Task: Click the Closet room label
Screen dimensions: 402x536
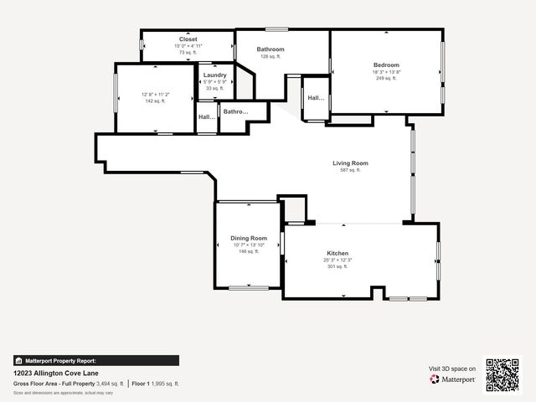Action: pyautogui.click(x=188, y=39)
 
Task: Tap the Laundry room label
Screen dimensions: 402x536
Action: pyautogui.click(x=215, y=75)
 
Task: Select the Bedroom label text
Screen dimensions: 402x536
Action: pyautogui.click(x=386, y=64)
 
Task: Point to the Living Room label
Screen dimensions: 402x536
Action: pyautogui.click(x=350, y=163)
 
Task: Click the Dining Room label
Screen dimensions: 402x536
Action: pyautogui.click(x=249, y=239)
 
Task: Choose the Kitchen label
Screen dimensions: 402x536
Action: pyautogui.click(x=338, y=254)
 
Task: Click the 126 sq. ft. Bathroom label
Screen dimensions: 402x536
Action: pyautogui.click(x=271, y=49)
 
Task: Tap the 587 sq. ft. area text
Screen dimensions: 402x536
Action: pyautogui.click(x=350, y=170)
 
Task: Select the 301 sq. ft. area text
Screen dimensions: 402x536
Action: pyautogui.click(x=338, y=266)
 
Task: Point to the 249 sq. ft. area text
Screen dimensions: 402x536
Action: pyautogui.click(x=386, y=78)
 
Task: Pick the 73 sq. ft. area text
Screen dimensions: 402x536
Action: pyautogui.click(x=188, y=52)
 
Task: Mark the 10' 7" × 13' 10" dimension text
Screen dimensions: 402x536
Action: pyautogui.click(x=249, y=245)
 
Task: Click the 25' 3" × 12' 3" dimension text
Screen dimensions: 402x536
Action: pyautogui.click(x=338, y=260)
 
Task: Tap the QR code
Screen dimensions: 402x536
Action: pyautogui.click(x=502, y=374)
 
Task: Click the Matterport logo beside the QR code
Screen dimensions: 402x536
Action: pyautogui.click(x=453, y=379)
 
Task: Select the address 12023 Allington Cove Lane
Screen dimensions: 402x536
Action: pyautogui.click(x=56, y=374)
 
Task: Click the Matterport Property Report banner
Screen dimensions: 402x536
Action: pyautogui.click(x=95, y=361)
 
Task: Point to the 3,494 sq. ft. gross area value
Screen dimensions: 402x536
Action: pyautogui.click(x=111, y=384)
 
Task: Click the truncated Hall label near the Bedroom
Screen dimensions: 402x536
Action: pyautogui.click(x=316, y=98)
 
